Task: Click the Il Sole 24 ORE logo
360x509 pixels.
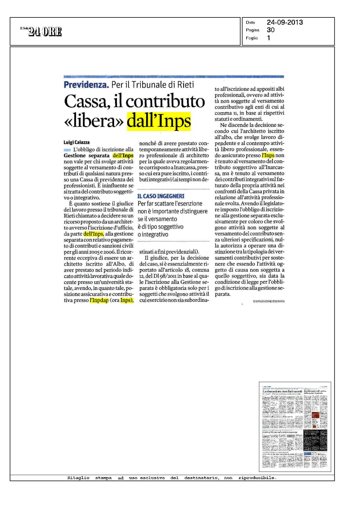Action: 41,32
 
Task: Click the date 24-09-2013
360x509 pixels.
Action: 285,22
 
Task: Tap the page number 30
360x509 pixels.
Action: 271,30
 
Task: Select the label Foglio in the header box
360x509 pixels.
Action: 252,38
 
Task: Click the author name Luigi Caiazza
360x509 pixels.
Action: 77,142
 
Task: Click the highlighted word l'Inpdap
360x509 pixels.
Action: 99,300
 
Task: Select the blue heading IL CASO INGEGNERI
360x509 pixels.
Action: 161,196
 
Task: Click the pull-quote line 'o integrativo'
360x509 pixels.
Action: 153,234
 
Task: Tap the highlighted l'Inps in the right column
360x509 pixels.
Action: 268,156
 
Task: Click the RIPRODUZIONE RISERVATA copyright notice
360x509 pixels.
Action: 269,301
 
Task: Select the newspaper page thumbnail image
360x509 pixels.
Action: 295,427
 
